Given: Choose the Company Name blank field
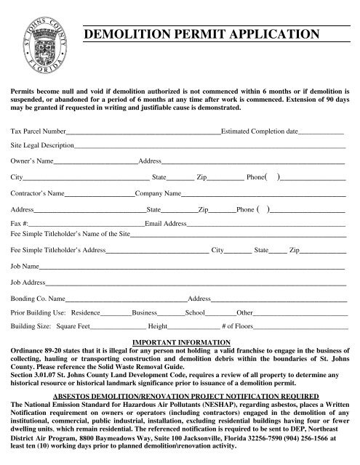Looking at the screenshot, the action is coord(262,195).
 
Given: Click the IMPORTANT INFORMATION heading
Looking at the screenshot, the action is coord(179,341).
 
